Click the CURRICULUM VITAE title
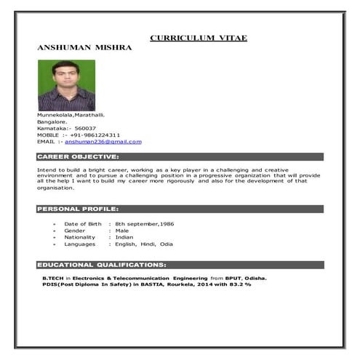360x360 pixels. click(x=199, y=37)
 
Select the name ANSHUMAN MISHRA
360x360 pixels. click(x=84, y=47)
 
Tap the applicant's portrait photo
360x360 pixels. click(x=66, y=85)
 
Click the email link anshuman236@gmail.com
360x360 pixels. click(x=103, y=142)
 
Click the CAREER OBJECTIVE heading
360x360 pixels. click(x=78, y=156)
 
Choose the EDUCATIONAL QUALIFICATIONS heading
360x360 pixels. click(x=102, y=265)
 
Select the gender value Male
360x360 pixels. click(x=122, y=231)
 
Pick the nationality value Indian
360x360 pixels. click(x=124, y=237)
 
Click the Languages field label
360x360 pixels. click(x=79, y=244)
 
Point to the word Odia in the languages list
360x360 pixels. click(x=167, y=244)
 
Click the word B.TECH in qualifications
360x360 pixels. click(x=53, y=278)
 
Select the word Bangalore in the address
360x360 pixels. click(x=52, y=121)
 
